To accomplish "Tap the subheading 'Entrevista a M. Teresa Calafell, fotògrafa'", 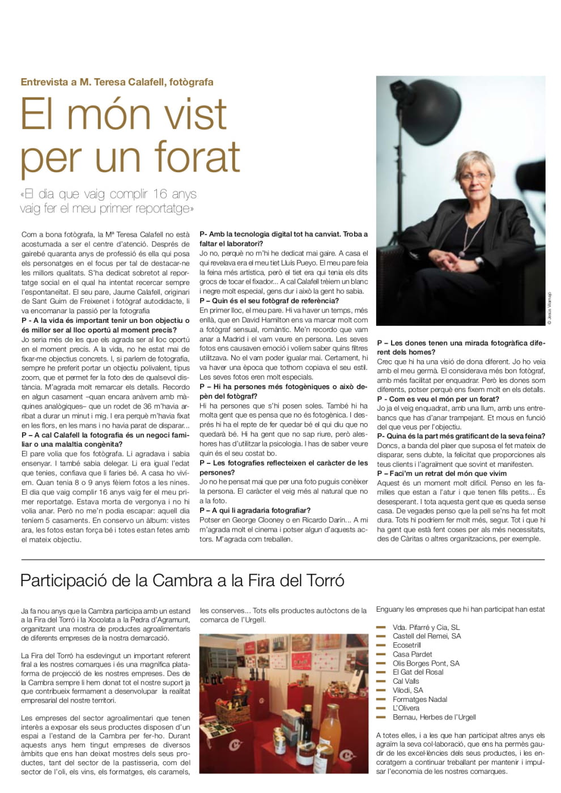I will point(117,82).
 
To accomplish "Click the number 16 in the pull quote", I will point(160,194).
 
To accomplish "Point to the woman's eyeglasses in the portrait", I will point(474,176).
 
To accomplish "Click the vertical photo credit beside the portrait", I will point(549,309).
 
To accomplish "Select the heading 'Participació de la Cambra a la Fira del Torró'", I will point(182,581).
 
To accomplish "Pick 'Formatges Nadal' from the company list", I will point(420,699).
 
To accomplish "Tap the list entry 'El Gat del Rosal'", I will point(418,672).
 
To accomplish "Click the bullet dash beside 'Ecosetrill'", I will point(381,645).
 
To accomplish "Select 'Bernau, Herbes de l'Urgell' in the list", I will point(434,717).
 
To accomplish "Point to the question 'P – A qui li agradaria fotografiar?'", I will point(255,510).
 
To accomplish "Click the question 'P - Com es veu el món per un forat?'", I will point(438,399).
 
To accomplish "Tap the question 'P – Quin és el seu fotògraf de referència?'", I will point(269,301).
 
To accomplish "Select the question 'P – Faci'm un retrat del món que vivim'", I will point(442,474).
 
